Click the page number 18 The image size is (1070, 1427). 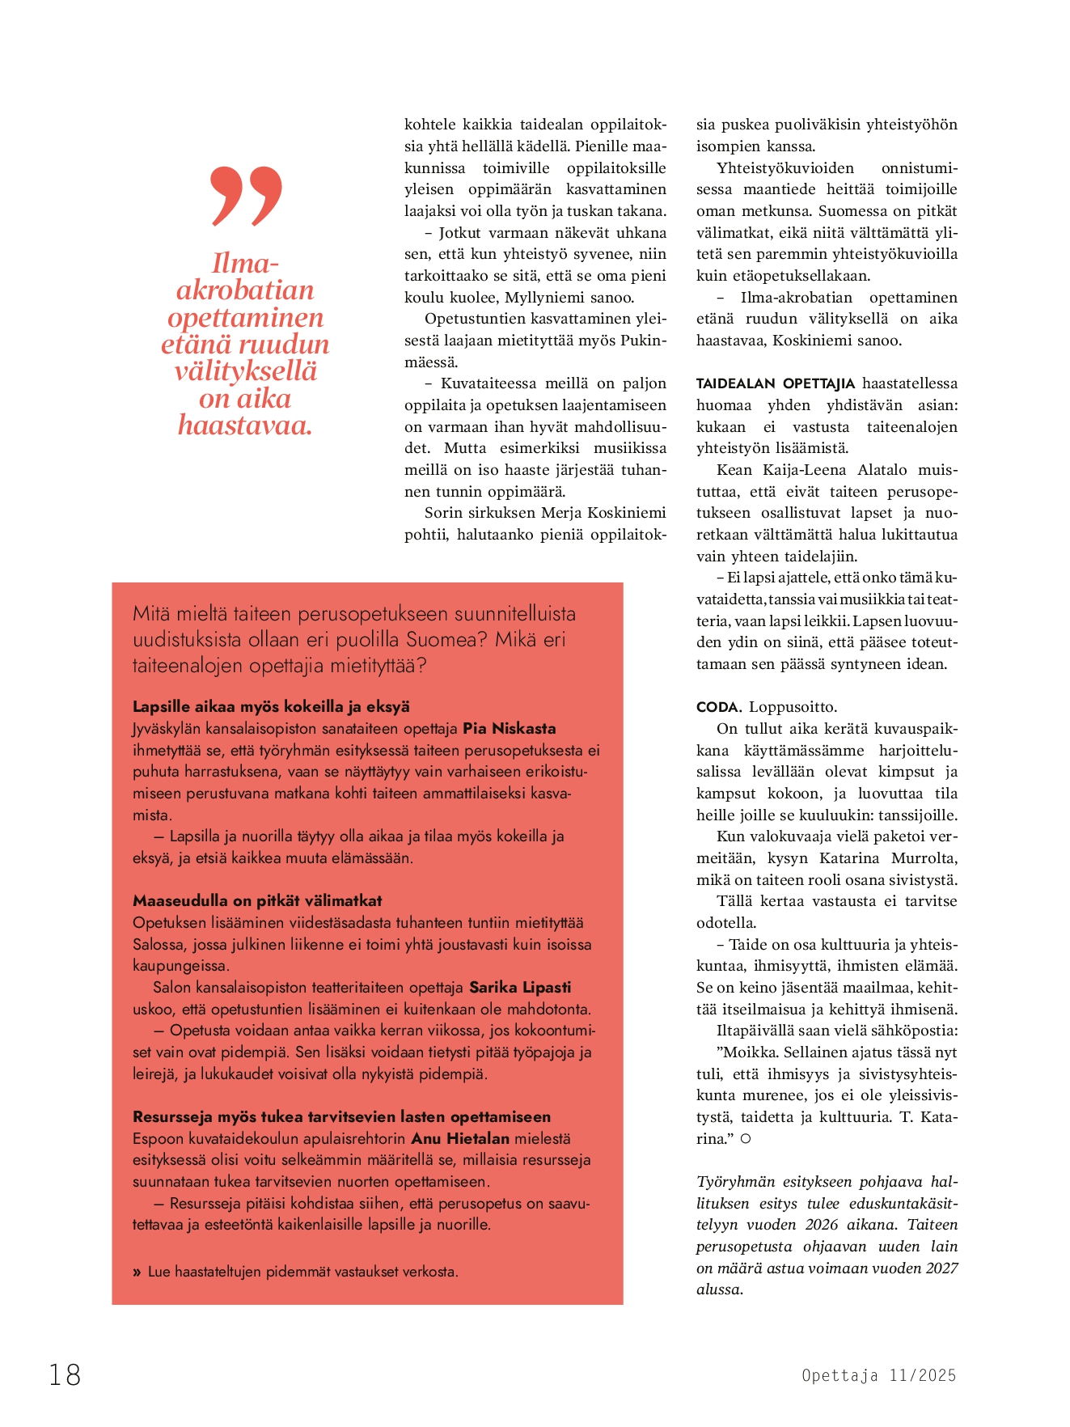coord(65,1374)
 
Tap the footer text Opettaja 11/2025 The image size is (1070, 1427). coord(878,1375)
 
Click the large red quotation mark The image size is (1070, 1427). coord(246,197)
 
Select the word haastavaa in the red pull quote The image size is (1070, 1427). coord(245,425)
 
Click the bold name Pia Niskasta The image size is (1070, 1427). coord(509,728)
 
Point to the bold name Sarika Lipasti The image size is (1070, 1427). coord(520,987)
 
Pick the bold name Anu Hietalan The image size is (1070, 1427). coord(460,1138)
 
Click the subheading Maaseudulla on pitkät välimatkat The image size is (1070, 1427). coord(257,900)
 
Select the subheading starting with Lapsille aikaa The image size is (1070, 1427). coord(271,706)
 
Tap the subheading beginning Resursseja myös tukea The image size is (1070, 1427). coord(341,1116)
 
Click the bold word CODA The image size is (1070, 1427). coord(719,707)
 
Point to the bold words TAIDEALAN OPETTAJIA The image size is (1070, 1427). coord(775,383)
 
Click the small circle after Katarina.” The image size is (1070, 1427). coord(746,1139)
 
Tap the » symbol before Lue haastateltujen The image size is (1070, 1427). coord(137,1272)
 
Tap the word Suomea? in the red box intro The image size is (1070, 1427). coord(445,639)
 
